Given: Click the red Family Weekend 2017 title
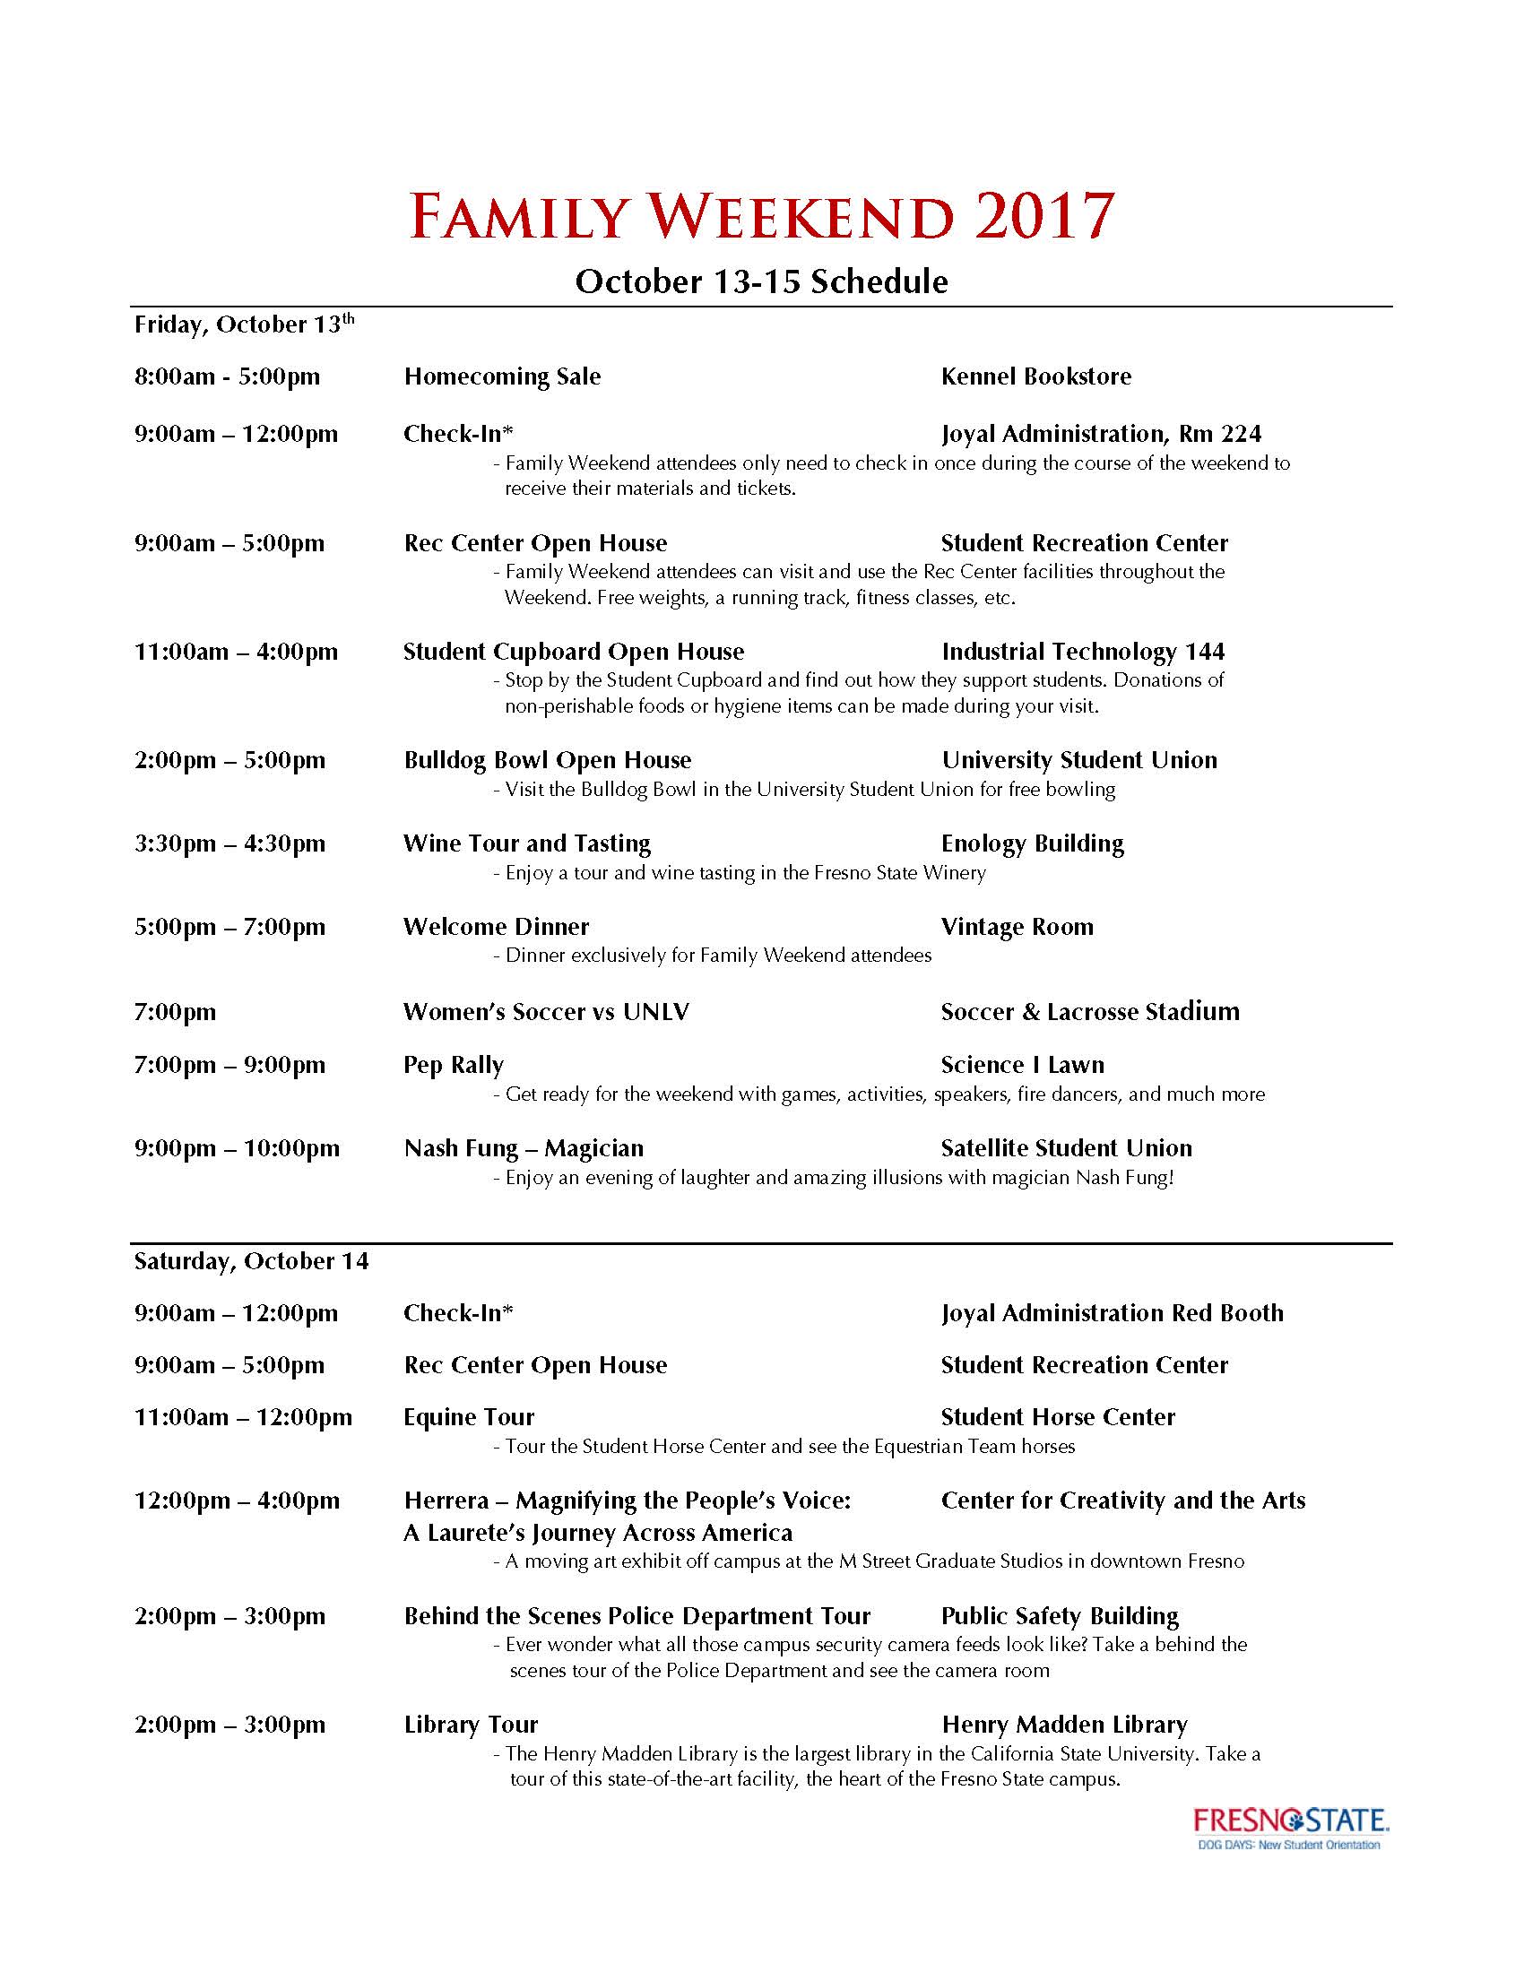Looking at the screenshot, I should pos(761,216).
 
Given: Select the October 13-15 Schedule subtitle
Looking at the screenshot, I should pos(761,281).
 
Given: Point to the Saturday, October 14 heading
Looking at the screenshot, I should pos(251,1261).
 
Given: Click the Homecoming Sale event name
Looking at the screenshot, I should pos(502,376).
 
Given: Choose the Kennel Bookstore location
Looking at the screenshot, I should pos(1035,376).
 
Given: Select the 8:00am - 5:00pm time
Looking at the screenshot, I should pos(227,376).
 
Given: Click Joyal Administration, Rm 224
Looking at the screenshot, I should pos(1101,435).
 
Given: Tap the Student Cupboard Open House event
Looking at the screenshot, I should pos(574,652).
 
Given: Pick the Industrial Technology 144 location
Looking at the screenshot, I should pos(1083,652).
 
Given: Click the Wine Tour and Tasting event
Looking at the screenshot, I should pos(526,843).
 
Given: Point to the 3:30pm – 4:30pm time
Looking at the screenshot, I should pos(229,844).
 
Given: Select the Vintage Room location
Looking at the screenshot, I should pos(1017,928).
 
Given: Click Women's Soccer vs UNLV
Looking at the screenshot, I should pos(546,1012).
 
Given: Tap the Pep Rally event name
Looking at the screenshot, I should pos(454,1066).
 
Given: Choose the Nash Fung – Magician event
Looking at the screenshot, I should pos(524,1148).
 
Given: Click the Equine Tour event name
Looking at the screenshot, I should pos(469,1418).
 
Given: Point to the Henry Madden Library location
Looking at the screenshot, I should pos(1064,1725).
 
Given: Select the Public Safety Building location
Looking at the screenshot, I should pos(1060,1616).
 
